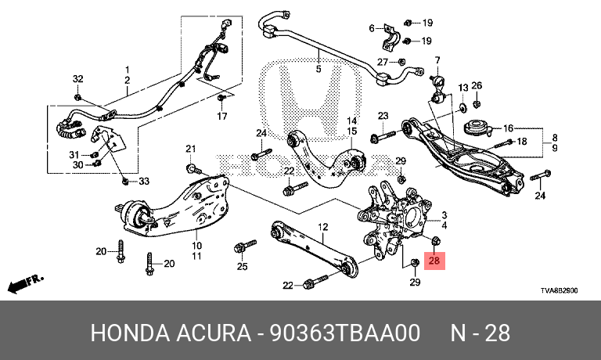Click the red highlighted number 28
tap(434, 261)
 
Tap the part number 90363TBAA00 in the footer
tap(345, 333)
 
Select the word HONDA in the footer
tap(130, 333)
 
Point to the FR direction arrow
tap(26, 283)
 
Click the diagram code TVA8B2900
tap(560, 290)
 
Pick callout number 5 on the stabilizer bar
tap(318, 69)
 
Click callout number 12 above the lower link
tap(323, 227)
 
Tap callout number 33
tap(144, 181)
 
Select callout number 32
tap(77, 79)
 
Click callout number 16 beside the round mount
tap(508, 128)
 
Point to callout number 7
tap(437, 60)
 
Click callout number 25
tap(243, 266)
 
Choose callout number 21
tap(191, 149)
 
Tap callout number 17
tap(222, 116)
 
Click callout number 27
tap(383, 62)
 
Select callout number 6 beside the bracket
tap(372, 28)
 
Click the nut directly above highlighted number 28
tap(435, 241)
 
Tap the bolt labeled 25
tap(244, 247)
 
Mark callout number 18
tap(522, 142)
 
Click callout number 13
tap(463, 88)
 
